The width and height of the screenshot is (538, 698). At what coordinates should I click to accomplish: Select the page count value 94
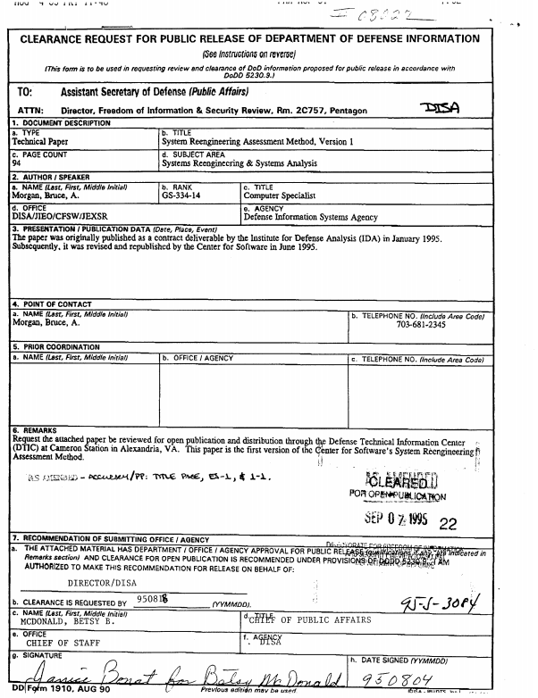click(17, 163)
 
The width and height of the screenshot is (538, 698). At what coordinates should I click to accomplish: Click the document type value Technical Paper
click(40, 142)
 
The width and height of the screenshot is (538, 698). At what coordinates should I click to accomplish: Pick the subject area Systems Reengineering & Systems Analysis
click(239, 163)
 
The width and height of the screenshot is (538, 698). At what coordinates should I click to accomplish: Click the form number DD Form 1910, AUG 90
click(46, 691)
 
